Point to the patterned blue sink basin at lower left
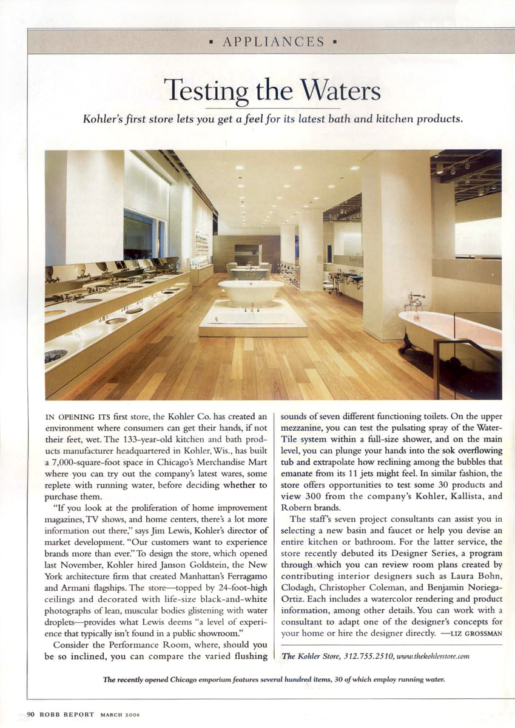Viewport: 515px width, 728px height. click(x=56, y=355)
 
